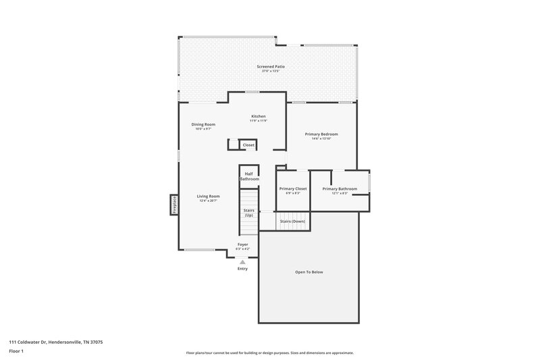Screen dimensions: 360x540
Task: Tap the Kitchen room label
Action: coord(259,116)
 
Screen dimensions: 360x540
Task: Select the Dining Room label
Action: coord(203,124)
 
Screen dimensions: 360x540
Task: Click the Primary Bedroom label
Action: coord(321,134)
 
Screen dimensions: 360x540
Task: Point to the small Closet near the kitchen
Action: coord(248,145)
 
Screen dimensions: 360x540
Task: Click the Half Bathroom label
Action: coord(249,176)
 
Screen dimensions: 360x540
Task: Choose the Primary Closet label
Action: coord(293,188)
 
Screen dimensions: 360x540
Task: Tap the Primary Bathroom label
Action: coord(340,188)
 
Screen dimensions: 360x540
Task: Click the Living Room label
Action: coord(208,196)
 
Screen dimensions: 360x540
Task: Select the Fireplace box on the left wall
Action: coord(173,205)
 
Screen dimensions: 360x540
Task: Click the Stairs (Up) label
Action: coord(248,213)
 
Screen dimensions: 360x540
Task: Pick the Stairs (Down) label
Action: coord(292,221)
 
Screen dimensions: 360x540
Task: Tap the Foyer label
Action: coord(242,244)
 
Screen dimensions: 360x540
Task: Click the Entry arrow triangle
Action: coord(242,261)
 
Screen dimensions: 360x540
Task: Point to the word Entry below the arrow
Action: coord(242,269)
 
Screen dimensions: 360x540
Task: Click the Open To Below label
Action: coord(309,272)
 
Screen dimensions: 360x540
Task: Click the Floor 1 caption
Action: coord(17,352)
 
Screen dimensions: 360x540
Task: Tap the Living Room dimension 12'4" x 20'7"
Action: coord(208,201)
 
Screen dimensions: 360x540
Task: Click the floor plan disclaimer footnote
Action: coord(269,353)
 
